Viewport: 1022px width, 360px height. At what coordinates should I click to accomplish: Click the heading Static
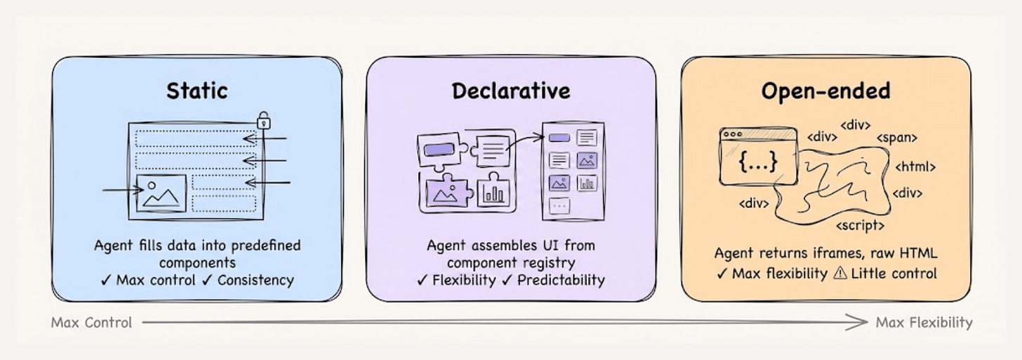click(x=197, y=91)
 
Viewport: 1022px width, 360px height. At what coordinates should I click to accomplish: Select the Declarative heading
click(x=511, y=91)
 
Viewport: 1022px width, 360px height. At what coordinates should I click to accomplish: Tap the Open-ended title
click(x=825, y=91)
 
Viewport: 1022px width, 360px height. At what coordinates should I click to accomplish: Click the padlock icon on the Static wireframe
click(x=264, y=119)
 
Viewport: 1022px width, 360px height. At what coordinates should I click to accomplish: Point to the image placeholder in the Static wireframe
click(x=162, y=193)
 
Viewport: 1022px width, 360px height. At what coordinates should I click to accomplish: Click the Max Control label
click(x=91, y=323)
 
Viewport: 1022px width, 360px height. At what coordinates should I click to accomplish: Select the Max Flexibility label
click(x=924, y=323)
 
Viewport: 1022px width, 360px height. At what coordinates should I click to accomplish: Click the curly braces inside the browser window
click(x=758, y=163)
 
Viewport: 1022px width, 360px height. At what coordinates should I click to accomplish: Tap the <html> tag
click(x=915, y=167)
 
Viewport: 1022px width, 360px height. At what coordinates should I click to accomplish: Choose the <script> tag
click(x=860, y=226)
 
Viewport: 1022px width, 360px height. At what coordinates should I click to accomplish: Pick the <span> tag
click(x=896, y=138)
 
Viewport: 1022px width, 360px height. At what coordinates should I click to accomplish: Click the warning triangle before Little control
click(x=839, y=274)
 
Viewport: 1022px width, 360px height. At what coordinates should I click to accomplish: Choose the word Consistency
click(x=255, y=280)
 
